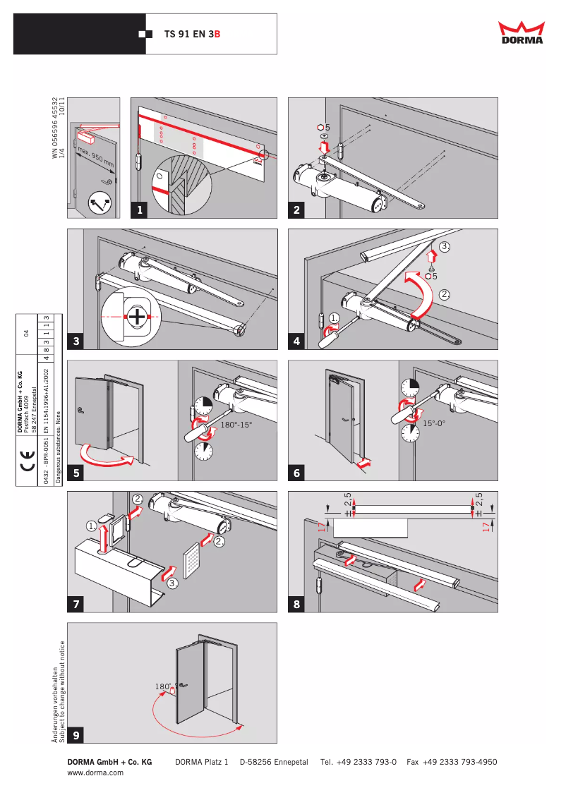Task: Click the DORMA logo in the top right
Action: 522,32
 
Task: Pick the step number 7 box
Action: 76,604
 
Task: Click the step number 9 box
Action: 76,735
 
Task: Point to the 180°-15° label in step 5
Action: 236,426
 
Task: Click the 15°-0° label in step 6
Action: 437,423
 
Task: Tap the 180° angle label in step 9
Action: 162,686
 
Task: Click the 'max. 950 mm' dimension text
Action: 96,159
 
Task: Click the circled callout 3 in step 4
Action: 444,247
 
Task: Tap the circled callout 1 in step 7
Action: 92,526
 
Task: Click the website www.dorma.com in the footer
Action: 95,772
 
